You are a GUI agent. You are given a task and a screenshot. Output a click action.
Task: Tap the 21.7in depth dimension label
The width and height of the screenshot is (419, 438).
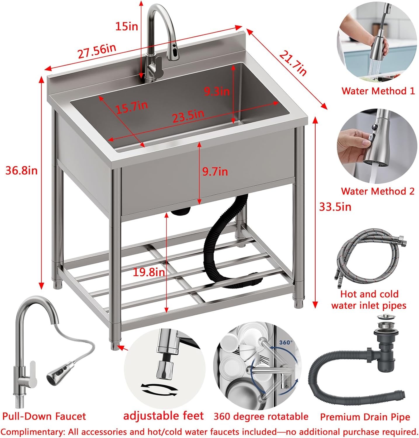click(x=293, y=63)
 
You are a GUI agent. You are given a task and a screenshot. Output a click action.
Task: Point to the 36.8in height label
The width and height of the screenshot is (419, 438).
click(x=22, y=170)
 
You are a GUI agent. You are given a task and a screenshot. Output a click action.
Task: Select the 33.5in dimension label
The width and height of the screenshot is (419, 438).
click(x=335, y=207)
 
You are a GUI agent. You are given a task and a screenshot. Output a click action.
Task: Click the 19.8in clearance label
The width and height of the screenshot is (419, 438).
click(x=149, y=272)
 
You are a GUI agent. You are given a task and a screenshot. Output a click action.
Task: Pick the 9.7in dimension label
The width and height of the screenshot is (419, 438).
click(x=215, y=171)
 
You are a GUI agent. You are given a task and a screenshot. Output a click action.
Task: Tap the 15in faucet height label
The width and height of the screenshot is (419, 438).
click(x=127, y=27)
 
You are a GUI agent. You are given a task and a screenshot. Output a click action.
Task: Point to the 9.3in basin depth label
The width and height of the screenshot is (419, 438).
click(x=217, y=91)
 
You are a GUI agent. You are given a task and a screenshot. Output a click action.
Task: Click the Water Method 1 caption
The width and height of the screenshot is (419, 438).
click(x=378, y=91)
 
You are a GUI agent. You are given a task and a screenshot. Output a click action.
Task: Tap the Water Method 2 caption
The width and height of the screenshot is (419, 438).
click(x=378, y=191)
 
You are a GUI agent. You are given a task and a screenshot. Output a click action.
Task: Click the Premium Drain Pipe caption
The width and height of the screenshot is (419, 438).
click(x=365, y=417)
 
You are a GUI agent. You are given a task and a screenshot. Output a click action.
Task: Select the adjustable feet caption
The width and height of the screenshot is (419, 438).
click(x=164, y=416)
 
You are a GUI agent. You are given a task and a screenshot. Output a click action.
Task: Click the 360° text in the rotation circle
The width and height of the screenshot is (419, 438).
click(x=286, y=342)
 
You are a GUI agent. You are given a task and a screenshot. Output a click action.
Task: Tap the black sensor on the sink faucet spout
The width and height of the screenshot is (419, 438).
click(x=174, y=53)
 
